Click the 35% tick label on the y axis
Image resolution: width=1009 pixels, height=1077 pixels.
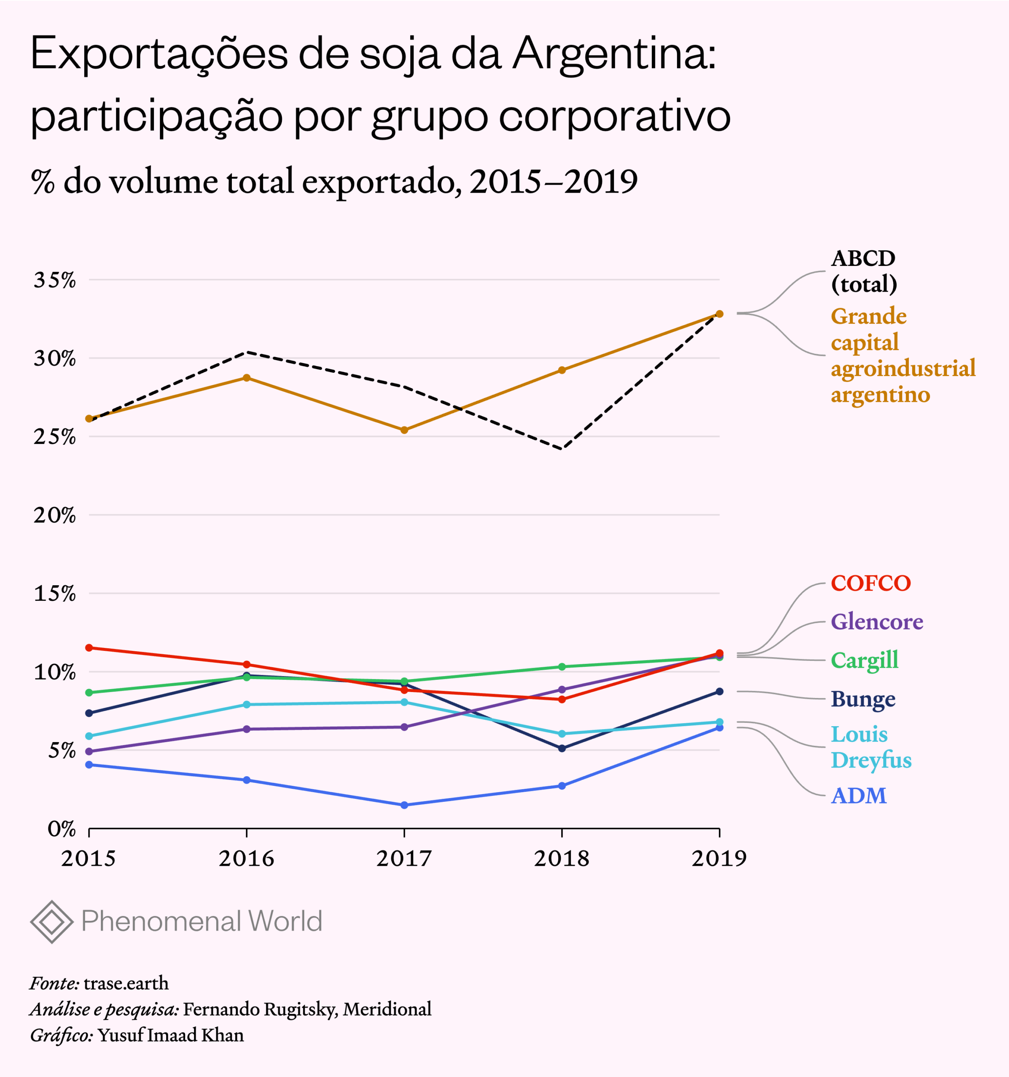pyautogui.click(x=55, y=281)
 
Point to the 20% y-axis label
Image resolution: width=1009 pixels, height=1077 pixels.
pyautogui.click(x=55, y=515)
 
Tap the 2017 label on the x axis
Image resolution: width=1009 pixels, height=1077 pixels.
pyautogui.click(x=404, y=859)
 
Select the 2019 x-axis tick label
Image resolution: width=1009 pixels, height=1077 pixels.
pyautogui.click(x=719, y=859)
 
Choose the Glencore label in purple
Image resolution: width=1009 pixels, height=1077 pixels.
pyautogui.click(x=877, y=622)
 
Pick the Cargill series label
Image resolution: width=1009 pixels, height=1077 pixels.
pyautogui.click(x=864, y=661)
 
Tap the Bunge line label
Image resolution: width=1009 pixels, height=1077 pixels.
pyautogui.click(x=863, y=699)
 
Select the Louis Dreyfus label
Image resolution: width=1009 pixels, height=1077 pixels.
pyautogui.click(x=871, y=747)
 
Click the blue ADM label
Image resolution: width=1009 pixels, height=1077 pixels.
pyautogui.click(x=858, y=796)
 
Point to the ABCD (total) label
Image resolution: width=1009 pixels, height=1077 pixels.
pyautogui.click(x=864, y=271)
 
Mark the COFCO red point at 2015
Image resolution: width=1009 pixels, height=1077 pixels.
pyautogui.click(x=89, y=648)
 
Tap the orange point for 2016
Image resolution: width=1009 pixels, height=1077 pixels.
pyautogui.click(x=247, y=378)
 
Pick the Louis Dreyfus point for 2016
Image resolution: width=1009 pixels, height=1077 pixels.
pyautogui.click(x=247, y=704)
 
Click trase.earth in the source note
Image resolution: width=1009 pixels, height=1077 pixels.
pyautogui.click(x=126, y=983)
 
